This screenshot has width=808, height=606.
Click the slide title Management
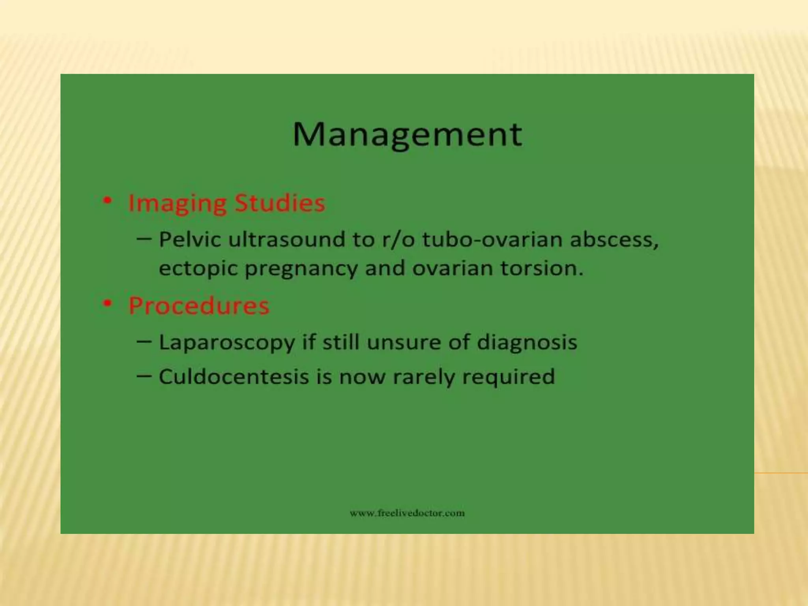pyautogui.click(x=407, y=135)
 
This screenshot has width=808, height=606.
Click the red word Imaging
pyautogui.click(x=177, y=204)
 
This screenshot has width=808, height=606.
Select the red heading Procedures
pyautogui.click(x=199, y=305)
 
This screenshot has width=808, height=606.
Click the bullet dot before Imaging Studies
pyautogui.click(x=107, y=201)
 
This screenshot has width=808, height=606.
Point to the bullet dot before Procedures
pyautogui.click(x=107, y=303)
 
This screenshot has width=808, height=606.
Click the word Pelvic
pyautogui.click(x=189, y=239)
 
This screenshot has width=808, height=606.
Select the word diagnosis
pyautogui.click(x=527, y=342)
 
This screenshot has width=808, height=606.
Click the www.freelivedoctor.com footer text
pyautogui.click(x=407, y=513)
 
